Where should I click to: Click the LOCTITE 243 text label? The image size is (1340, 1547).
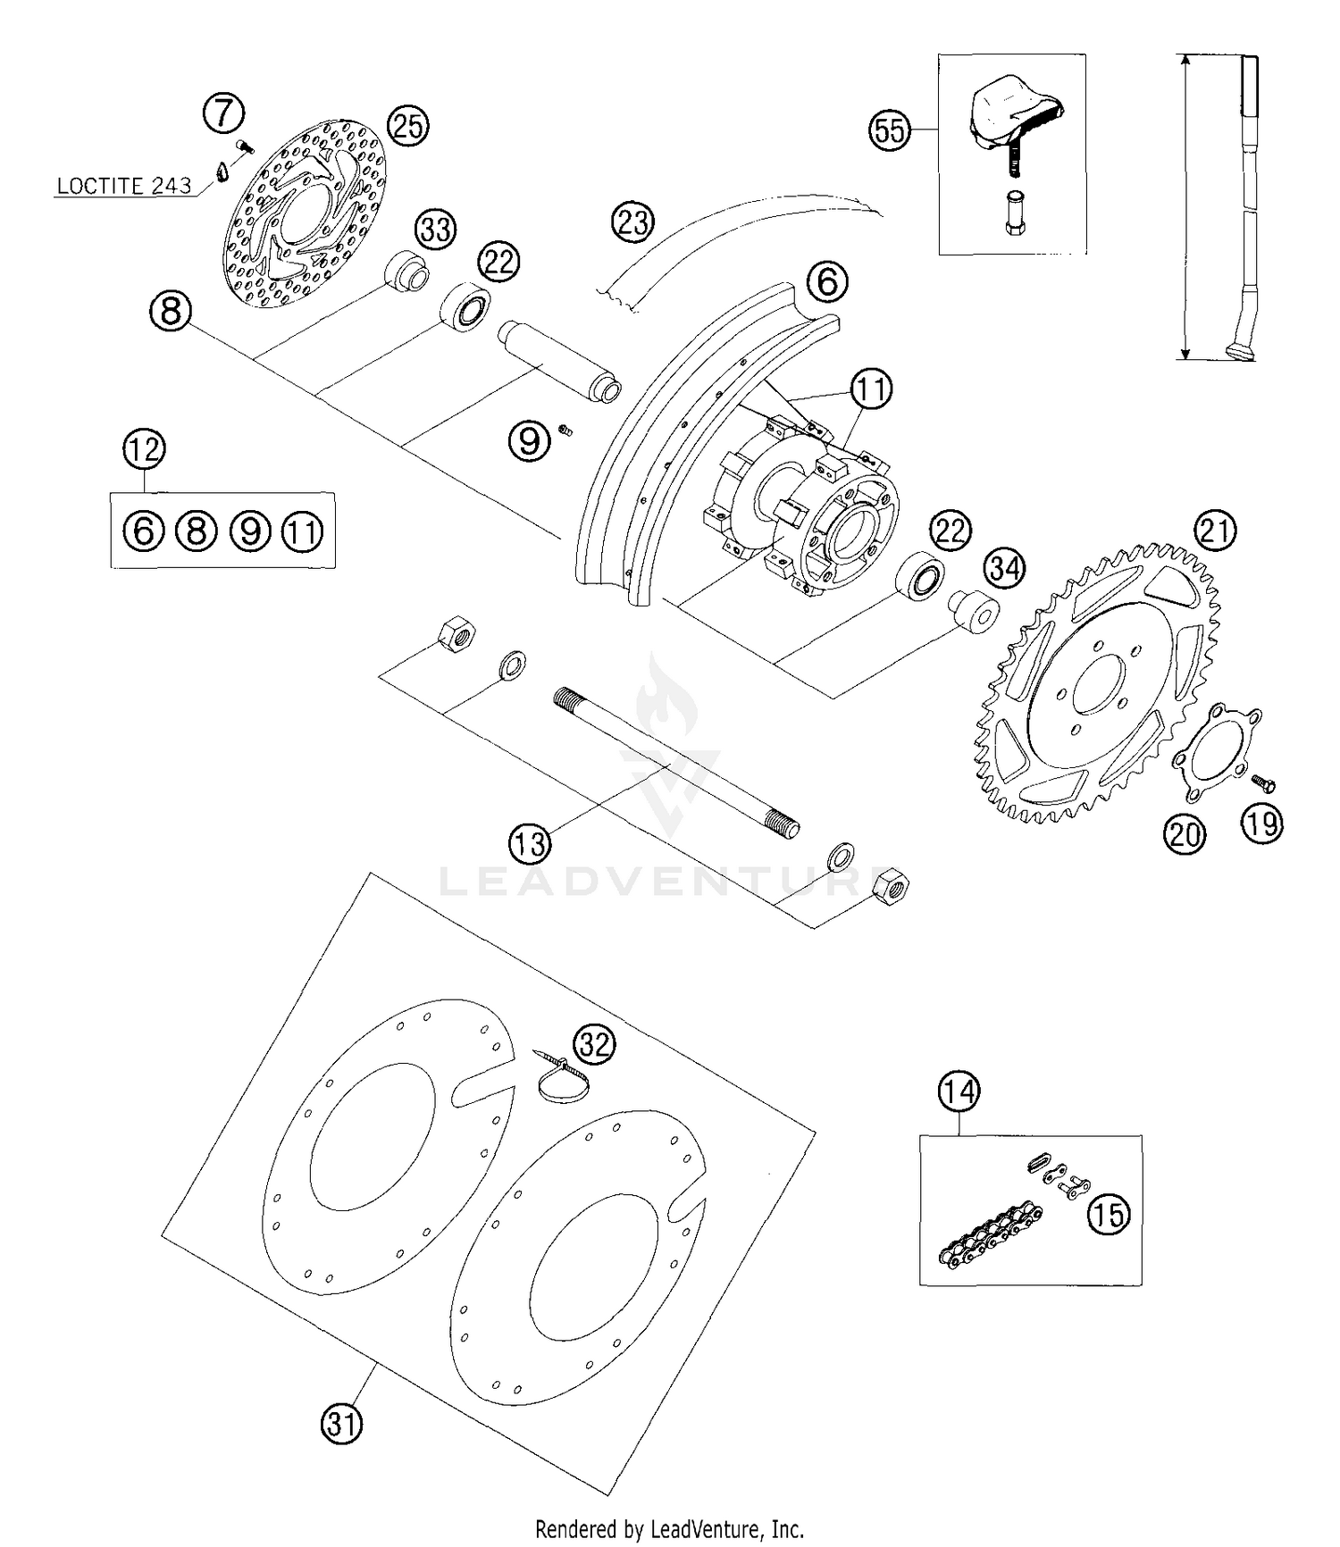coord(123,186)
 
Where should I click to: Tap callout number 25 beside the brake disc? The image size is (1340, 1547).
coord(407,126)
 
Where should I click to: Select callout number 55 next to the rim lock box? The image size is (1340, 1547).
coord(890,130)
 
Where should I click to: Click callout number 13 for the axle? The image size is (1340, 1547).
coord(530,842)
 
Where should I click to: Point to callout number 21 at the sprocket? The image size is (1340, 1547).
coord(1215,531)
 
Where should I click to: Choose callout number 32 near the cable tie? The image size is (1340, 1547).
coord(595,1043)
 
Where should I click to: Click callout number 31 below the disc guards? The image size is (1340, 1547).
coord(342,1423)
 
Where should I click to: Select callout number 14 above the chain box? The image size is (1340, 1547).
coord(959,1091)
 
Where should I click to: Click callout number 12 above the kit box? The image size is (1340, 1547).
coord(145,448)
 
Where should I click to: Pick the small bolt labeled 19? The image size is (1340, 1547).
coord(1264,783)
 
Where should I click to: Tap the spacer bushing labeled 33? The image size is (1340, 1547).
coord(406,271)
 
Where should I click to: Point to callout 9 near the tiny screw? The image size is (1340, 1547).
coord(530,441)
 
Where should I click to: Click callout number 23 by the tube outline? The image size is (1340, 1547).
coord(633,221)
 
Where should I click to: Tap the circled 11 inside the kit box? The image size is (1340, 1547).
coord(303,531)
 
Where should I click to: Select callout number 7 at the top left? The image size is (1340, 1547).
coord(223,113)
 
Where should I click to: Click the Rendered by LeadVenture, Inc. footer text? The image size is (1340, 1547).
coord(669,1528)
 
